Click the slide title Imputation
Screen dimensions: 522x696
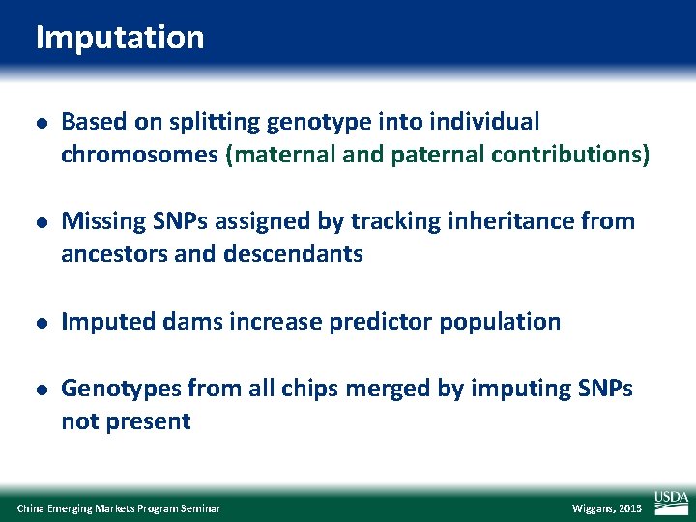coord(120,38)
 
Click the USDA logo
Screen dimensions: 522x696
coord(671,500)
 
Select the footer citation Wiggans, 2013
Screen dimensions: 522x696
coord(606,508)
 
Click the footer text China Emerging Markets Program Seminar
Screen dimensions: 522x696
coord(119,508)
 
